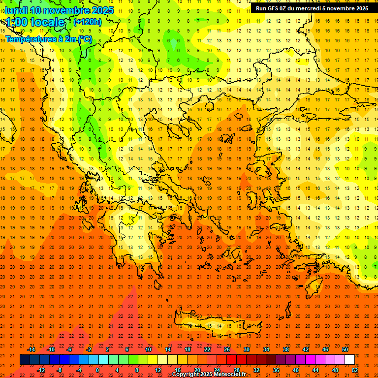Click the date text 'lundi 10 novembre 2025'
(x=59, y=10)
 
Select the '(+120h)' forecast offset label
(x=88, y=22)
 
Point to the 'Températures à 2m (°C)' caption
(x=49, y=38)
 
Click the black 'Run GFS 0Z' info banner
(x=312, y=8)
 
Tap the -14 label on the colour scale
(x=31, y=349)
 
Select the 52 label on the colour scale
(x=355, y=370)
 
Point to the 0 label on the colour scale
(x=97, y=370)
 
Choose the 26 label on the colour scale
(x=227, y=349)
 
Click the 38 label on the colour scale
(x=286, y=349)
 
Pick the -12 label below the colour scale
(x=41, y=370)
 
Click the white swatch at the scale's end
(x=349, y=360)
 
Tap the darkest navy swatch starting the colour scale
(x=25, y=360)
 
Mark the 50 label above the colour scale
(x=345, y=349)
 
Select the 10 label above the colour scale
(x=148, y=349)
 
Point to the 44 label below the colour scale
(x=315, y=370)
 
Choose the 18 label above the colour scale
(x=188, y=349)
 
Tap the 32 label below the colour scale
(x=256, y=370)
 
